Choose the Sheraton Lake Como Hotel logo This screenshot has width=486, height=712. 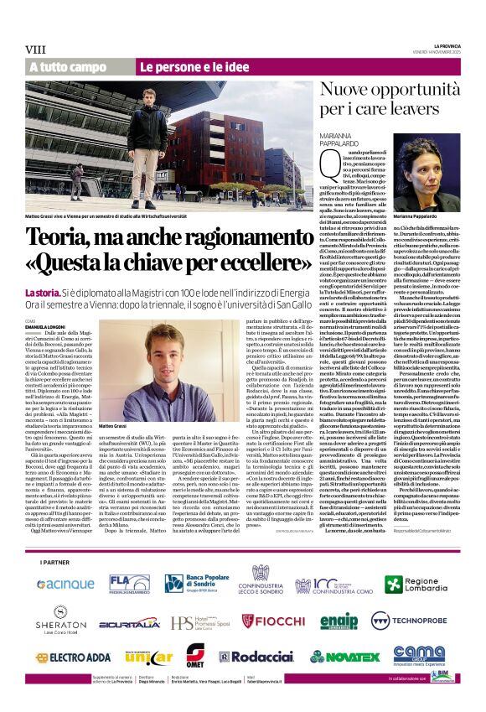[x=60, y=621]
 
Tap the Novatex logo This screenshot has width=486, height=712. [x=345, y=657]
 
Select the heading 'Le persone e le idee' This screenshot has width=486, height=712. [x=183, y=66]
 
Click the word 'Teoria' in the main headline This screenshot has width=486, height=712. [x=79, y=236]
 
